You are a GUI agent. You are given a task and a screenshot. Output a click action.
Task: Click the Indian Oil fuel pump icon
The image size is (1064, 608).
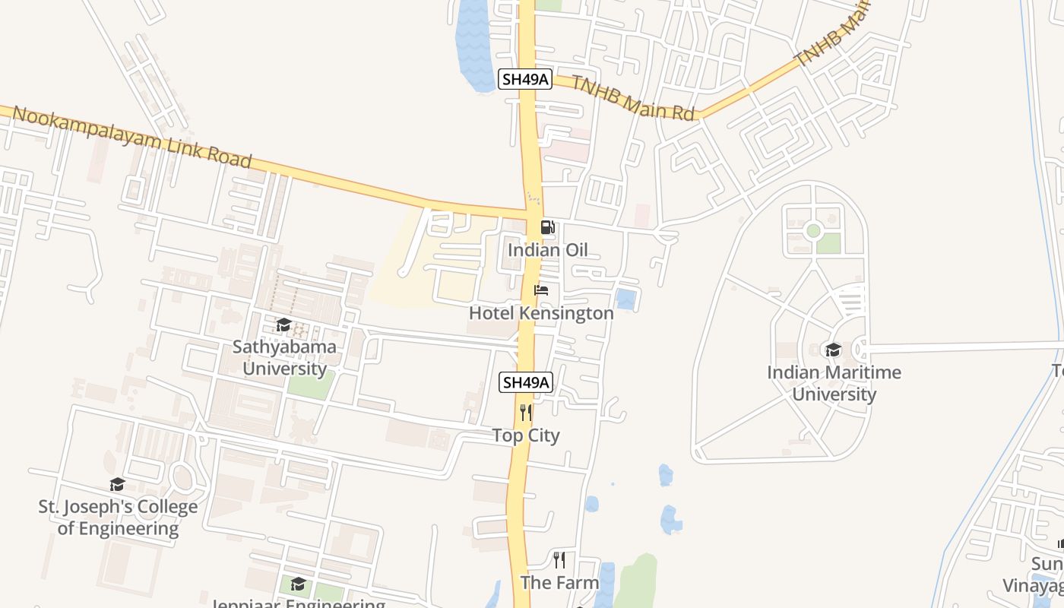547,227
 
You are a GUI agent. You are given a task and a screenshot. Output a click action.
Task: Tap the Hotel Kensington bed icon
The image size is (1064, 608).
541,290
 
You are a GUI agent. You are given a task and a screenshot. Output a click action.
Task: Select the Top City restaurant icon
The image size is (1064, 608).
525,413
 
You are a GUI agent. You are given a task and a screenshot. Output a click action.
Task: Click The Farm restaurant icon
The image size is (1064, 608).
559,560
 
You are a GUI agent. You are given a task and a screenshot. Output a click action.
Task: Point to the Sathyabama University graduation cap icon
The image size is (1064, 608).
283,325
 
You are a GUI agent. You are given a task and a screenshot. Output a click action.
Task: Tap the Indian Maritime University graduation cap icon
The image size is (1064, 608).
833,350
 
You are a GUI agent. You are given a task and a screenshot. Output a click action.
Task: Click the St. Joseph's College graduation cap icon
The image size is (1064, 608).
117,484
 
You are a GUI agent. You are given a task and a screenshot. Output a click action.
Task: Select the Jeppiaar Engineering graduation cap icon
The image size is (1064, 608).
298,584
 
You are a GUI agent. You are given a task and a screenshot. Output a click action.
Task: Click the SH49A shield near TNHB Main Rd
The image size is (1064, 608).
524,79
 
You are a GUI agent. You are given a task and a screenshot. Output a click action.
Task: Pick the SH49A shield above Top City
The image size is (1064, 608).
525,382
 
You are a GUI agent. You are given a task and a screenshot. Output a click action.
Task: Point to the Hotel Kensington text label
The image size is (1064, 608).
541,313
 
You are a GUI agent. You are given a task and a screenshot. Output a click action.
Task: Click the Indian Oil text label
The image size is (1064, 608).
547,250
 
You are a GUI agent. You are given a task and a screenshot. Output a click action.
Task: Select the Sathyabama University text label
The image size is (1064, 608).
284,358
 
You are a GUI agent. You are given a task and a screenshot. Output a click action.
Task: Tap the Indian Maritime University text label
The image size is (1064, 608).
834,383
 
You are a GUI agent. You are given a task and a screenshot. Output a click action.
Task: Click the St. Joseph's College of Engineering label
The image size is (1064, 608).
118,518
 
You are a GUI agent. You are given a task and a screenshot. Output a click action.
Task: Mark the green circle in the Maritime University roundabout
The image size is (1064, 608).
813,230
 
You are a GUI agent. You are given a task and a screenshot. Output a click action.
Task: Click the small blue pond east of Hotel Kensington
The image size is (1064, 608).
625,299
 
